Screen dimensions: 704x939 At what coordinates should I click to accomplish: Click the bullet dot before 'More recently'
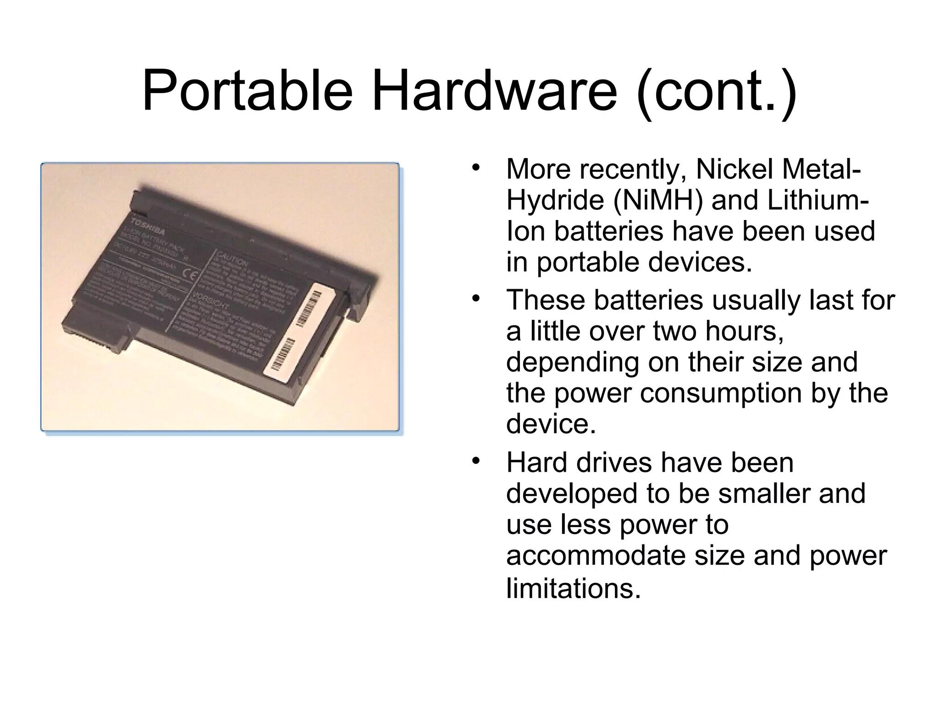pos(477,167)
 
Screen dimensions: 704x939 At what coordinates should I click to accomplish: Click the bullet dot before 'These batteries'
pos(477,298)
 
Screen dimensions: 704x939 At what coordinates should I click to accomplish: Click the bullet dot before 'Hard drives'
pos(477,460)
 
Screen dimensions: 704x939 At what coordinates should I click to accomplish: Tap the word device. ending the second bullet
pos(551,424)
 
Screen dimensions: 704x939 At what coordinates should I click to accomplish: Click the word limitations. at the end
pos(573,588)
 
